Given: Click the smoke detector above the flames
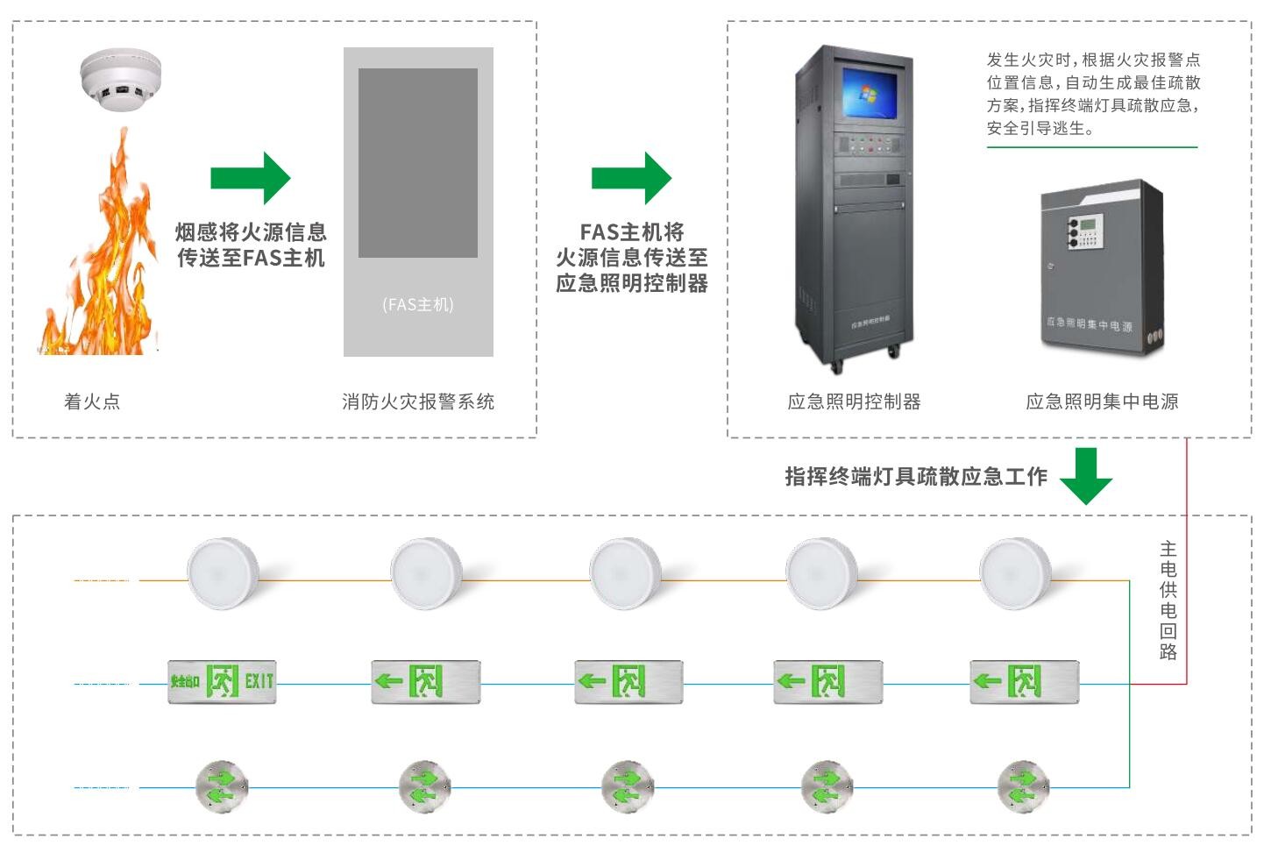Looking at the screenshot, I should pos(121,78).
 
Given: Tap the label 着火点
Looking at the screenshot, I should pos(92,402).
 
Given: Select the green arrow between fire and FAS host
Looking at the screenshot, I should pos(250,178).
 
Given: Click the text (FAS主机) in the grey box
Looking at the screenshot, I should pos(418,304).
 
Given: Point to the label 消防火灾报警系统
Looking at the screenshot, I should pos(418,402).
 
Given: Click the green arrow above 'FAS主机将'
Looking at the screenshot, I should pos(631,178).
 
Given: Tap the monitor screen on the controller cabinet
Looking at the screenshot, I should pos(870,91).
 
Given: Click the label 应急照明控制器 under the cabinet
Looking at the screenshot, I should pos(854,402).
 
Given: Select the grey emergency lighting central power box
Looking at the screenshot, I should pos(1103,267).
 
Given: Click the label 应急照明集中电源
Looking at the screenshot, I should pos(1102,402).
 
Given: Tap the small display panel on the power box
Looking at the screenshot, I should pos(1090,225).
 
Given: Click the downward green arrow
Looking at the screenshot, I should pos(1086,476).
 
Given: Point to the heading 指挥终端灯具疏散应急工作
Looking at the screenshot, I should pos(916,476).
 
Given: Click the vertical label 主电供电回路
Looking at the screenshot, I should pos(1168,600).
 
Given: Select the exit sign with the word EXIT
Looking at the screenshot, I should pos(222,681).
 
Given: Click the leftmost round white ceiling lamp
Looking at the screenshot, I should pos(224,572).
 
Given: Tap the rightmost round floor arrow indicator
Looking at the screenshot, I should pos(1023,786).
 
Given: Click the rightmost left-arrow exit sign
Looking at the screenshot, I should pos(1024,681).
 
